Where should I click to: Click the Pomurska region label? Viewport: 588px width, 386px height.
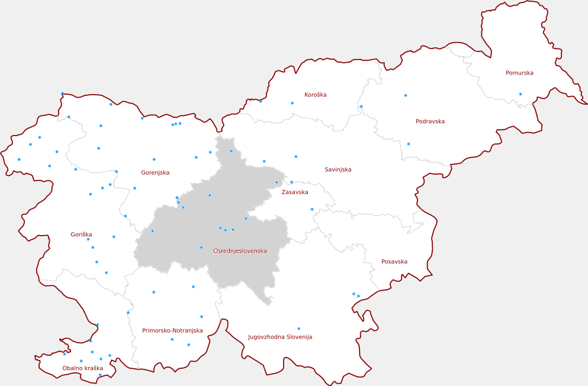(519, 73)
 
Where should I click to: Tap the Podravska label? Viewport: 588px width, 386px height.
(430, 121)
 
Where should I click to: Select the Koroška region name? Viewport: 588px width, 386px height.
(315, 95)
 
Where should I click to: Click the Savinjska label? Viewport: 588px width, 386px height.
(338, 170)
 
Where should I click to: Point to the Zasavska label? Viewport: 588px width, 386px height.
(294, 192)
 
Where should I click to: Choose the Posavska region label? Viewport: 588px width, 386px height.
(394, 262)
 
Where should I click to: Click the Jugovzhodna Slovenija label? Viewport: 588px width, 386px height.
(279, 337)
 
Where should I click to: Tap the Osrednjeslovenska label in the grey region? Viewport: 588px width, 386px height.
(239, 251)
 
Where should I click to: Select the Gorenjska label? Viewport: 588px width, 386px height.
(155, 173)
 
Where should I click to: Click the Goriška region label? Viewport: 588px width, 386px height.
(81, 235)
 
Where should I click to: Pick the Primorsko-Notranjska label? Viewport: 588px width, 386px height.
(172, 331)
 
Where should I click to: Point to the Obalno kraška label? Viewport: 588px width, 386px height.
(82, 368)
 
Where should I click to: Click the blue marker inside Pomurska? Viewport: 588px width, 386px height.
(520, 94)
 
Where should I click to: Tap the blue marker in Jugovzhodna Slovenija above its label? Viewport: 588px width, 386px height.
(298, 329)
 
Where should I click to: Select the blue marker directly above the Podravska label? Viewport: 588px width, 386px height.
(406, 95)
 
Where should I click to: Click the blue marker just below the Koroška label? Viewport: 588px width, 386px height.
(292, 104)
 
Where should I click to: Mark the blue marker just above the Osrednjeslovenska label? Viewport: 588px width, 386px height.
(201, 247)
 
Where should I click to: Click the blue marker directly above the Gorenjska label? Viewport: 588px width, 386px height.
(154, 159)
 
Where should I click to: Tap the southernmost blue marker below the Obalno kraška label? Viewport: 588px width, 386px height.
(99, 375)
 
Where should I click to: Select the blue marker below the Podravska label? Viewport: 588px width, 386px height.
(408, 144)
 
